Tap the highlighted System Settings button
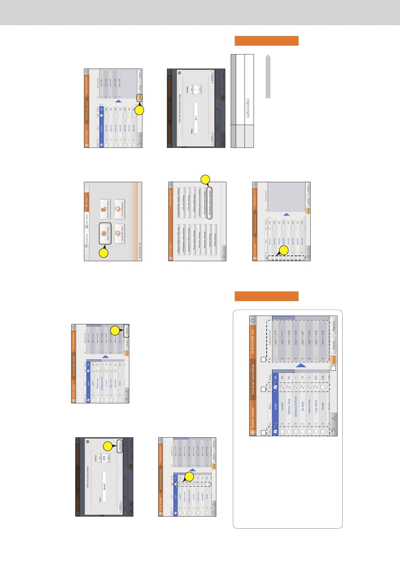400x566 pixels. click(x=105, y=233)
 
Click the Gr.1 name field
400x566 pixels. click(x=196, y=118)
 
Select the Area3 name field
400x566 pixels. click(x=104, y=486)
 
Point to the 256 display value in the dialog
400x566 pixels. click(x=104, y=458)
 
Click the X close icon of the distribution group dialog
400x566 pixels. click(x=179, y=73)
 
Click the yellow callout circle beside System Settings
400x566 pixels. click(x=104, y=252)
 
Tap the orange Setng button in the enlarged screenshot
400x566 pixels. click(x=334, y=360)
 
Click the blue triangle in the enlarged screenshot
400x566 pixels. click(x=301, y=366)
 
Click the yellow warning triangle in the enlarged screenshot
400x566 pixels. click(x=334, y=418)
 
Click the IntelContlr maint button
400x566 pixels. click(x=120, y=233)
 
